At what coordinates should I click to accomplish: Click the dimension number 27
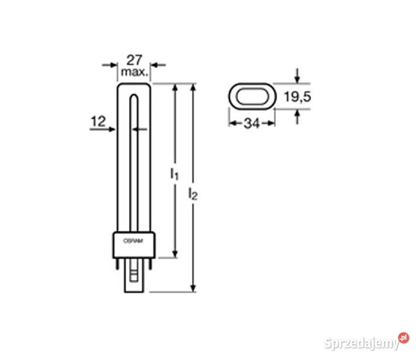(x=134, y=60)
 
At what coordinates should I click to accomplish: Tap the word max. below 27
(x=134, y=72)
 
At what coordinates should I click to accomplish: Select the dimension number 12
(x=99, y=121)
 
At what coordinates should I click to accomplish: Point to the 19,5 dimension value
(x=298, y=96)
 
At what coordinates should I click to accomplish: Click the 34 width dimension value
(x=252, y=123)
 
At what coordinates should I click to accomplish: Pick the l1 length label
(x=174, y=173)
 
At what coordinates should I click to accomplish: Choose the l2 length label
(x=193, y=193)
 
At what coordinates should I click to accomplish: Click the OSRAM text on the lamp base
(x=133, y=241)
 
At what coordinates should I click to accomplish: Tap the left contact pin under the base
(x=117, y=264)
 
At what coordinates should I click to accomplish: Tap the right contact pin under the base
(x=150, y=264)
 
